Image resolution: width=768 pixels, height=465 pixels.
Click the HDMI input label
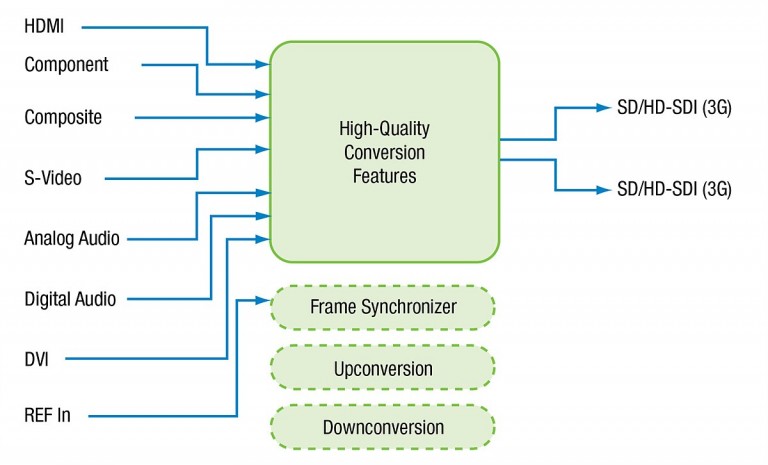tap(44, 26)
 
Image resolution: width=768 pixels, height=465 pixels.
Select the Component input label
tap(67, 65)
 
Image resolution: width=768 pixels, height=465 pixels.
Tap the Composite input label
tap(63, 118)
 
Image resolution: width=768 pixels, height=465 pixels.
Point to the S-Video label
tap(53, 178)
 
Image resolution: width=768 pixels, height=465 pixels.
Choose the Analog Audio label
tap(72, 238)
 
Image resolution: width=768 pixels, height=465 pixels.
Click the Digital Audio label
tap(71, 299)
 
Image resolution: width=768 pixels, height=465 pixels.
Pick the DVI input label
tap(37, 359)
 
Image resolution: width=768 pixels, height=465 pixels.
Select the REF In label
tap(48, 416)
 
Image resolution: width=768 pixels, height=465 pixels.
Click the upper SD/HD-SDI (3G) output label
tap(674, 108)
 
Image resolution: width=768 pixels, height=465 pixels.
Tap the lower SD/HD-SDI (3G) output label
tap(674, 189)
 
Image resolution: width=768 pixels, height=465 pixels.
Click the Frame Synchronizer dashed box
tap(383, 307)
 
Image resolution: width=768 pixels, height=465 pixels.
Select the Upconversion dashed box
tap(383, 368)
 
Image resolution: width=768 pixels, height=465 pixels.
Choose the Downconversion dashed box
tap(383, 427)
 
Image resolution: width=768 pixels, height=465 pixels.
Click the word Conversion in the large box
tap(384, 152)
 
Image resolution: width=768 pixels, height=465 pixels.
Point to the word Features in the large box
tap(384, 176)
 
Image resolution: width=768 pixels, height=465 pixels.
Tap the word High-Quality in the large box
tap(384, 129)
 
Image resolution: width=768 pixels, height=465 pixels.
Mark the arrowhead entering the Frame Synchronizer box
tap(264, 300)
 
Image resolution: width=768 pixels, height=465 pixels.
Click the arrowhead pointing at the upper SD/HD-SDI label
tap(604, 108)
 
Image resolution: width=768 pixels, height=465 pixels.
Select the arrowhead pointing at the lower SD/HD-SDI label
tap(604, 190)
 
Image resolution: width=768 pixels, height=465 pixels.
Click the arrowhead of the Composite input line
tap(263, 118)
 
